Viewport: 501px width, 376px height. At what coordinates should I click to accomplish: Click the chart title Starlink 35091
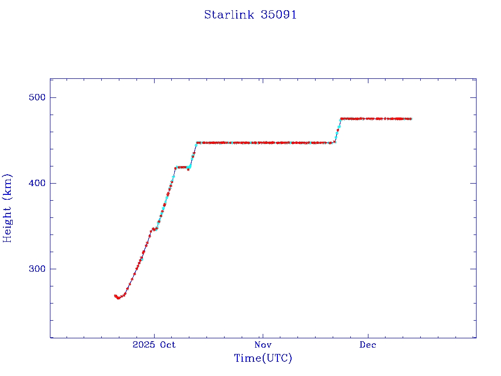250,15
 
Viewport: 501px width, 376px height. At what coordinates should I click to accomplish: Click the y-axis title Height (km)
8,208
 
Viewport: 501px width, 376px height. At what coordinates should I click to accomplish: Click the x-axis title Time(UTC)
263,358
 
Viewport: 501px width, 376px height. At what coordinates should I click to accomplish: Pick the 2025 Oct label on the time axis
154,345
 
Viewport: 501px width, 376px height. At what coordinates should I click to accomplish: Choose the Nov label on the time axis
263,345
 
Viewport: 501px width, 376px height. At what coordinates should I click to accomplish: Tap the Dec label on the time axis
368,345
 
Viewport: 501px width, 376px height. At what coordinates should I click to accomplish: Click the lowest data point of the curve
118,298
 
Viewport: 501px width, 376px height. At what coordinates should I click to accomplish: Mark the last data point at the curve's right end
410,118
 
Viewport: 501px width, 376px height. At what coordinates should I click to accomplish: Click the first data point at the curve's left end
115,296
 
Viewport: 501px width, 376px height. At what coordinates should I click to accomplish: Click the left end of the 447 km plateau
197,143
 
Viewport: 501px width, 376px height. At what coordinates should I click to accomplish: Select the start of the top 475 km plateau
342,118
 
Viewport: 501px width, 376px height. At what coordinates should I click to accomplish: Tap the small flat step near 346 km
155,229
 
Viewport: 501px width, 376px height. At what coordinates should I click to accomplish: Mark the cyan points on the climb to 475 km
339,127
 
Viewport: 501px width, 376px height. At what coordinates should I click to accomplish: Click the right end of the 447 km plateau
334,142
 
